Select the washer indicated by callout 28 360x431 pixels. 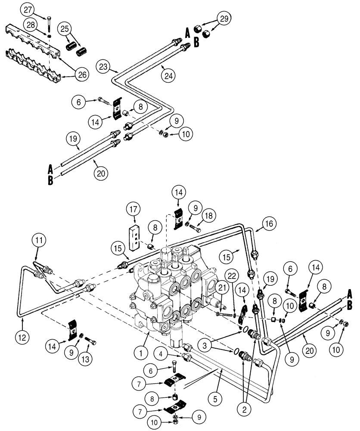click(x=50, y=36)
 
